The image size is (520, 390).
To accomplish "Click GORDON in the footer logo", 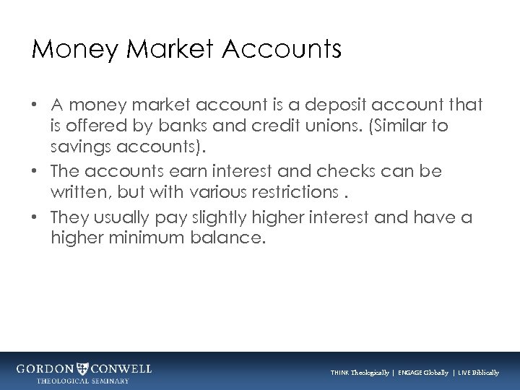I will pos(45,368).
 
